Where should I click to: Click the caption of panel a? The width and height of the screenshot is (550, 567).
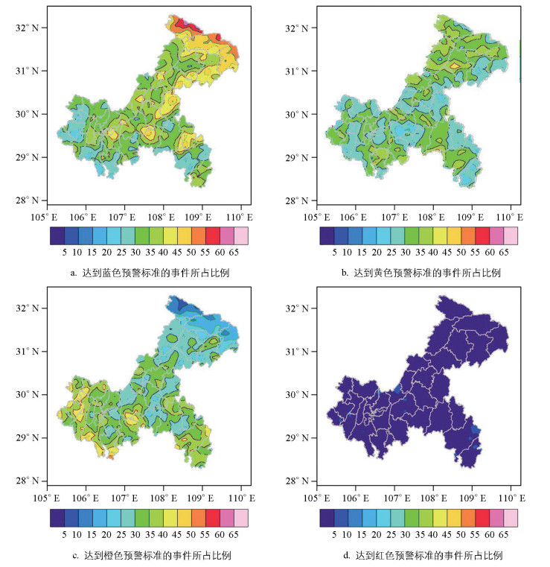click(x=149, y=273)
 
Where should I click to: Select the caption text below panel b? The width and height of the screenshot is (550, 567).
click(x=421, y=273)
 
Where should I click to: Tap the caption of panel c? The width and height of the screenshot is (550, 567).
click(x=149, y=555)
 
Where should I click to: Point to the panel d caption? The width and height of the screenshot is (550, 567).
click(x=421, y=555)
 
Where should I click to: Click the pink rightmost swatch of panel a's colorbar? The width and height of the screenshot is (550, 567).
click(x=242, y=235)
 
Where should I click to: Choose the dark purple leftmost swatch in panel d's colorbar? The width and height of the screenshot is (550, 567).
click(x=327, y=517)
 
